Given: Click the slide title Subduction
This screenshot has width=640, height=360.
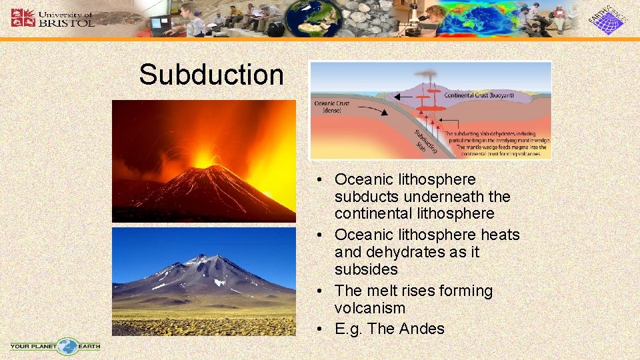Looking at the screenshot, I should (211, 75).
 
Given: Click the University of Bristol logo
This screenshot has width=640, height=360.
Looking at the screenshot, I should (53, 17).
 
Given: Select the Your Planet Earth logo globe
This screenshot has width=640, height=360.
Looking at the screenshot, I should (67, 347).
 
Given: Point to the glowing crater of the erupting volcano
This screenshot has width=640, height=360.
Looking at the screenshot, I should (203, 162).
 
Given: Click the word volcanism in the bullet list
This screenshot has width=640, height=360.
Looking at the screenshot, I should (370, 308).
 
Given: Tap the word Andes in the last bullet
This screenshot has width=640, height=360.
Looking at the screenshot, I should (423, 329).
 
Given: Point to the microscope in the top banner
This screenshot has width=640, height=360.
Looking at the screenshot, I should (413, 20).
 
